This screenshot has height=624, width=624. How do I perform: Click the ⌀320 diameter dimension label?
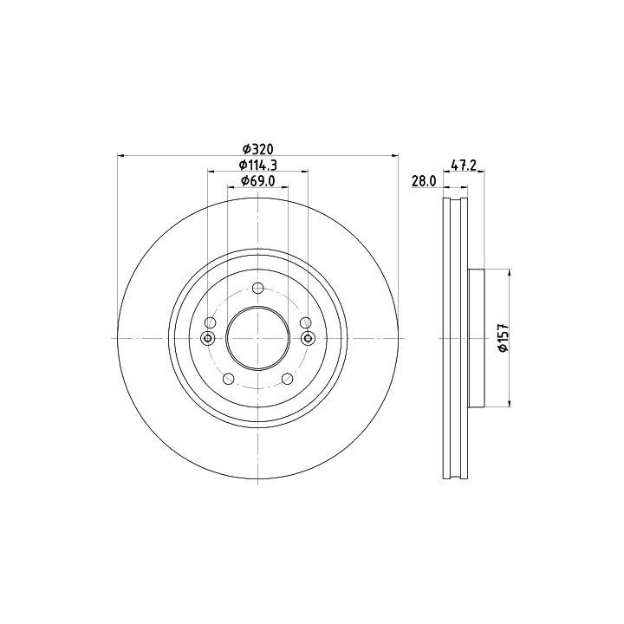(258, 149)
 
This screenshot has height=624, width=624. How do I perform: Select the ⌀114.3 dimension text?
(258, 165)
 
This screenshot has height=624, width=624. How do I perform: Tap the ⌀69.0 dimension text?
(258, 180)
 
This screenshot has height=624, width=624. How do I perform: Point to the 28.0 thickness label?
(424, 181)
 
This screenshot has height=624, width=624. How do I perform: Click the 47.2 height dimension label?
(464, 165)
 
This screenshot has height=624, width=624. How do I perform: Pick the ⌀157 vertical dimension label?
(504, 338)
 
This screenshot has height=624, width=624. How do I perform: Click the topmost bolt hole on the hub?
(258, 288)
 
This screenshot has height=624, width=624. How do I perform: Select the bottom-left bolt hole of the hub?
(229, 379)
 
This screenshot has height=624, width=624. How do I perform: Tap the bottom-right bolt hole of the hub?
(288, 379)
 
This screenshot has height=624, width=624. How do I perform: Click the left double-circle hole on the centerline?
(208, 338)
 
